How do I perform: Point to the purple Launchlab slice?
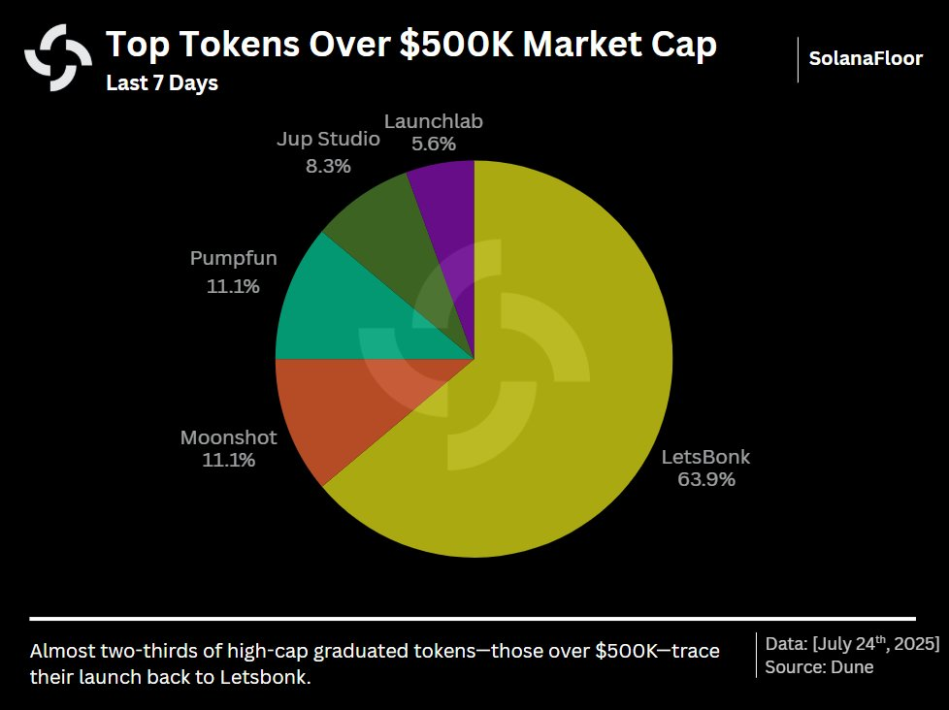(446, 209)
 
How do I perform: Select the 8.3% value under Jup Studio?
(328, 166)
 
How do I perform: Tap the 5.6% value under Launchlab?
(434, 145)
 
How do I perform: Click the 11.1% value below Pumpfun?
(233, 286)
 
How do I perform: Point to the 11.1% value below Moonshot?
(229, 461)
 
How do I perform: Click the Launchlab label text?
(434, 122)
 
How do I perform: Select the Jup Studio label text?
(328, 140)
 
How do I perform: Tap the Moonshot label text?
(229, 437)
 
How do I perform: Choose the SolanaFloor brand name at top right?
(866, 59)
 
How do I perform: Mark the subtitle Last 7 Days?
(162, 83)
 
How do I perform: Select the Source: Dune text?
(819, 667)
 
